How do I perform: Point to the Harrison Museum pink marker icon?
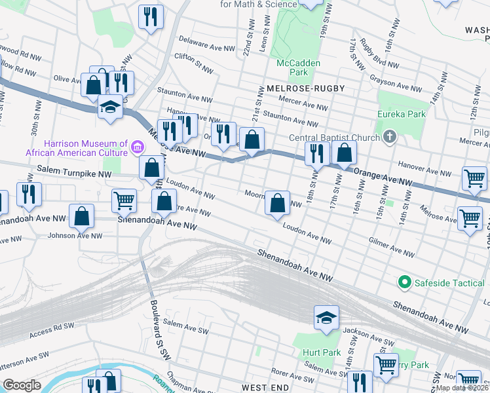coord(137,146)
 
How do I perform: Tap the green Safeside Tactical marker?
coord(405,283)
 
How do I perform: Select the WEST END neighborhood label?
coord(265,388)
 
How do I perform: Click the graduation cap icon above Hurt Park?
coord(326,318)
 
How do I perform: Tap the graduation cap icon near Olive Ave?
coord(110,107)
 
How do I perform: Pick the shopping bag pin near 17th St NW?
coord(344,154)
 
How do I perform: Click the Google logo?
coord(22,385)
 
